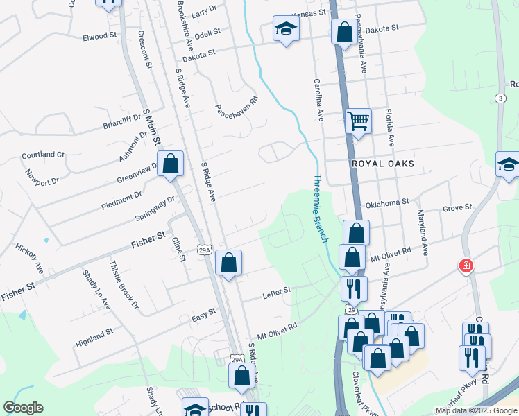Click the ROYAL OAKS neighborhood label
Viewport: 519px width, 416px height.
[382, 164]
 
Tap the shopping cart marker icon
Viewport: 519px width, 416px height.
[358, 121]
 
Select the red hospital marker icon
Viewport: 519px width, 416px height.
[466, 266]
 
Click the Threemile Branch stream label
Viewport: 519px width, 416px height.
[320, 207]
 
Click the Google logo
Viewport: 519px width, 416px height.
[23, 408]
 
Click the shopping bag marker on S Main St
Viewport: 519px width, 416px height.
[170, 164]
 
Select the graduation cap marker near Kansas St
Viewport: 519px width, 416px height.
[285, 29]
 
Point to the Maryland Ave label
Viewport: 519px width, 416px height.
[423, 233]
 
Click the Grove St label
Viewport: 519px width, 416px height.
[457, 207]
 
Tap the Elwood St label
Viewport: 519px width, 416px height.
[95, 36]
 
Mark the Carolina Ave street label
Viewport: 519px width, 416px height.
[319, 100]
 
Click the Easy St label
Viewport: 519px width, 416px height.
[203, 316]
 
